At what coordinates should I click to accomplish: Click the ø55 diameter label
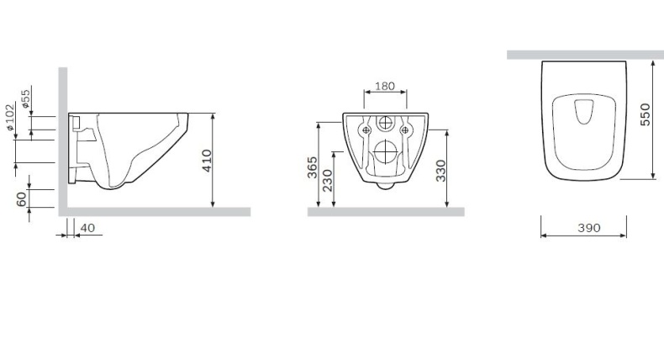(26, 100)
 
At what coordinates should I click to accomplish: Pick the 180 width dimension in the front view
(386, 87)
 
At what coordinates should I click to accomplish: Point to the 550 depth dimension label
(645, 114)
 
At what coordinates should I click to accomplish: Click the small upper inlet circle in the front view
(385, 123)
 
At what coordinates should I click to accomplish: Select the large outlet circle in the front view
(385, 152)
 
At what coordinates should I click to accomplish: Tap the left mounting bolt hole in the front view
(366, 130)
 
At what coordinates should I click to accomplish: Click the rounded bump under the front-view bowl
(385, 186)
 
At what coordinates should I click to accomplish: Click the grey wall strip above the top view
(585, 55)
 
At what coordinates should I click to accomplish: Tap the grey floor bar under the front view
(386, 212)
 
